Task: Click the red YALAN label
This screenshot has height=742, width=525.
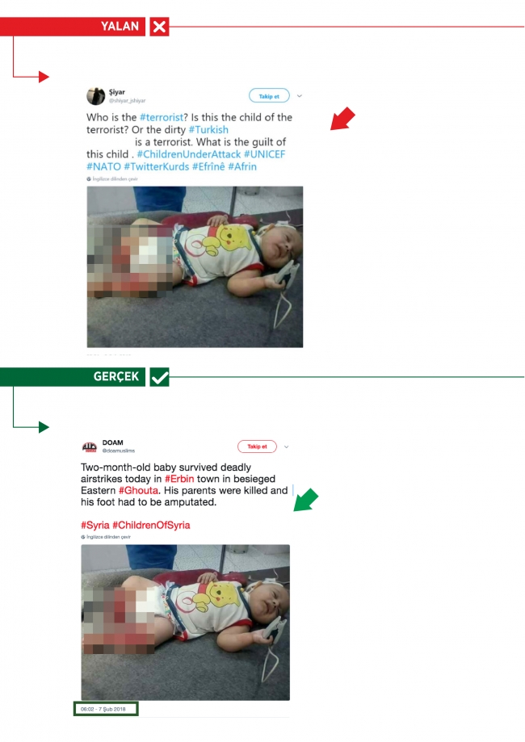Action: pos(120,27)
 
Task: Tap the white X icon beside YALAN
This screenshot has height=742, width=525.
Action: pos(160,27)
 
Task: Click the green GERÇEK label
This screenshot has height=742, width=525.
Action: pos(116,376)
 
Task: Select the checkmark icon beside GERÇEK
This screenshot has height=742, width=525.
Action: pos(160,376)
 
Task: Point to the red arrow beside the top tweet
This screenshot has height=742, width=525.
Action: pos(342,119)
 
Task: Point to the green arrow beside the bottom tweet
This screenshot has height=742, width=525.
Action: pos(305,500)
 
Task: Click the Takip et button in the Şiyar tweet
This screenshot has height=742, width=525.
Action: pos(269,96)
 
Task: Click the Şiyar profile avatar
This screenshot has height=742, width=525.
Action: pos(95,96)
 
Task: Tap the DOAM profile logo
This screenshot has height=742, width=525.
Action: pos(90,446)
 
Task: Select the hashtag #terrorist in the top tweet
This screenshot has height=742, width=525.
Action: pos(164,118)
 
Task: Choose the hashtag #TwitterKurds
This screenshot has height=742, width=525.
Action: pos(157,166)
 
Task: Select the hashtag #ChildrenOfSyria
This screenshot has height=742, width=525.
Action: pos(151,526)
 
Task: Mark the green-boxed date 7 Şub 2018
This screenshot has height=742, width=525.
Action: pos(104,709)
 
